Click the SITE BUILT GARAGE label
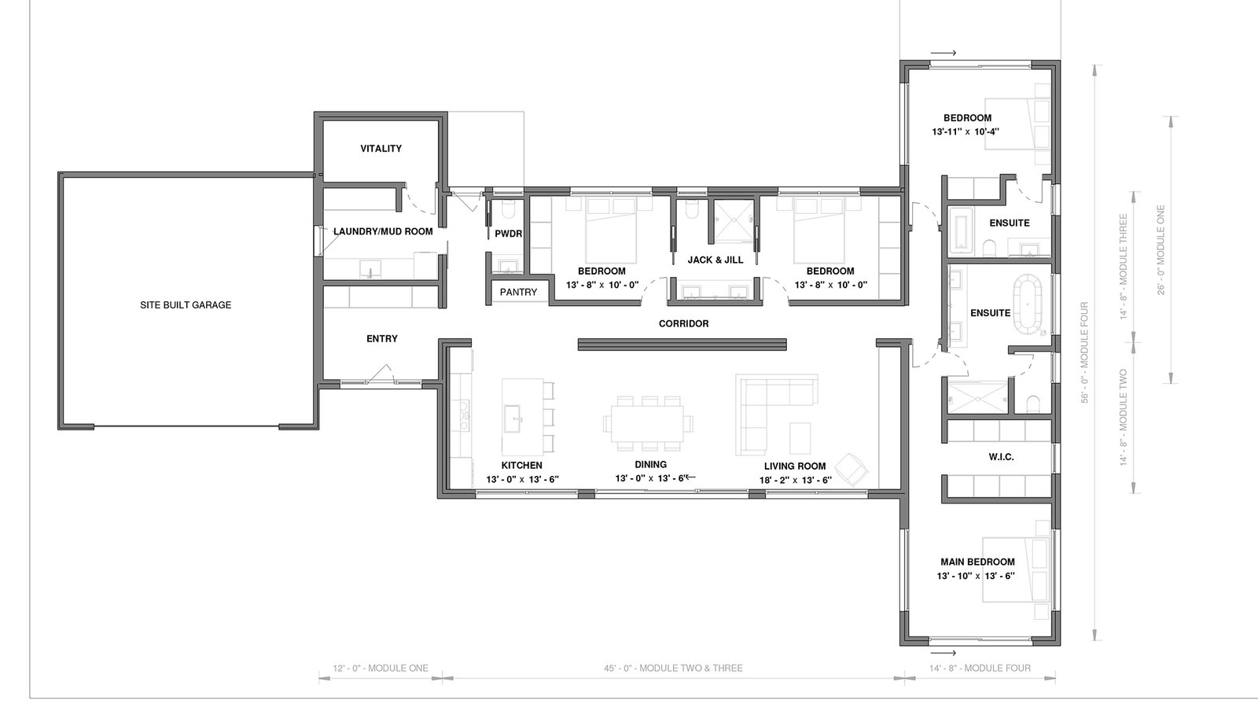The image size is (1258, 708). pyautogui.click(x=186, y=305)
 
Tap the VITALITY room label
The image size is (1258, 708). pyautogui.click(x=381, y=149)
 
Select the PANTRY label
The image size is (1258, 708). pyautogui.click(x=518, y=292)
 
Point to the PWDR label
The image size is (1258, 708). pyautogui.click(x=508, y=234)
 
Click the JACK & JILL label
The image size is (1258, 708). pyautogui.click(x=715, y=260)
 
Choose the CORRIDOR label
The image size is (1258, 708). pyautogui.click(x=683, y=323)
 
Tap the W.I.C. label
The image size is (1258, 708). pyautogui.click(x=1002, y=457)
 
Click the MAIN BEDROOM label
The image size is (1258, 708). pyautogui.click(x=978, y=562)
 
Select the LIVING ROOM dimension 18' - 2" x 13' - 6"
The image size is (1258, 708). pyautogui.click(x=795, y=480)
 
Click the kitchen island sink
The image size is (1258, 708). pyautogui.click(x=512, y=418)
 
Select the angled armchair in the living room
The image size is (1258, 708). pyautogui.click(x=852, y=469)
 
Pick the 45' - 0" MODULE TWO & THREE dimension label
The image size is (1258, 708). pyautogui.click(x=673, y=668)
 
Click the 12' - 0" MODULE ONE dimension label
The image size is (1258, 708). pyautogui.click(x=381, y=668)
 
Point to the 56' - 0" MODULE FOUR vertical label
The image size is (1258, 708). pyautogui.click(x=1084, y=352)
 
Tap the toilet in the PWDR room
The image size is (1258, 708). pyautogui.click(x=508, y=210)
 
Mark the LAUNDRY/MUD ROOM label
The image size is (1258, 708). pyautogui.click(x=383, y=231)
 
